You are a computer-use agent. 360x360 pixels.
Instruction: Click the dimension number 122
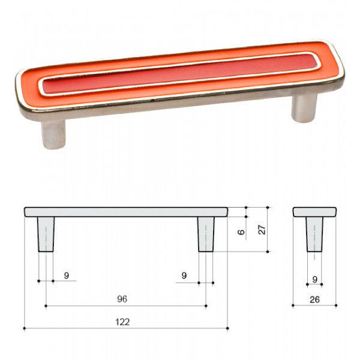[122, 322]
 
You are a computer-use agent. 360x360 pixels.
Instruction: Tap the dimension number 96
[122, 299]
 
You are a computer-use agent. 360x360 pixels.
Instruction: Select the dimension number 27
[262, 230]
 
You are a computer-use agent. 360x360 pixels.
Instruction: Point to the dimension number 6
[241, 232]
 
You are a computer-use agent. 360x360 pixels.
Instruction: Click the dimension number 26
[314, 299]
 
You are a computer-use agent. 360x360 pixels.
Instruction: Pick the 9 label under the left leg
[67, 275]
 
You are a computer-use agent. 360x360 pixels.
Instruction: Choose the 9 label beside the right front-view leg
[184, 275]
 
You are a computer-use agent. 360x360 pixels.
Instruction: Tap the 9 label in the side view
[315, 280]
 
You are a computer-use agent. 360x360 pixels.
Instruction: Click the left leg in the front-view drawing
[46, 234]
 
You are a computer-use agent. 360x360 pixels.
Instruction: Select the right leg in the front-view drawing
[206, 234]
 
